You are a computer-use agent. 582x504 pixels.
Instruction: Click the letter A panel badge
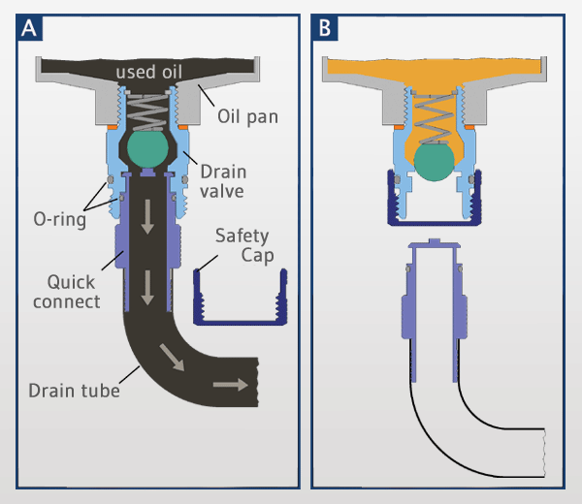29,29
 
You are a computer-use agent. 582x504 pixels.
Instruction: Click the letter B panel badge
325,29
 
